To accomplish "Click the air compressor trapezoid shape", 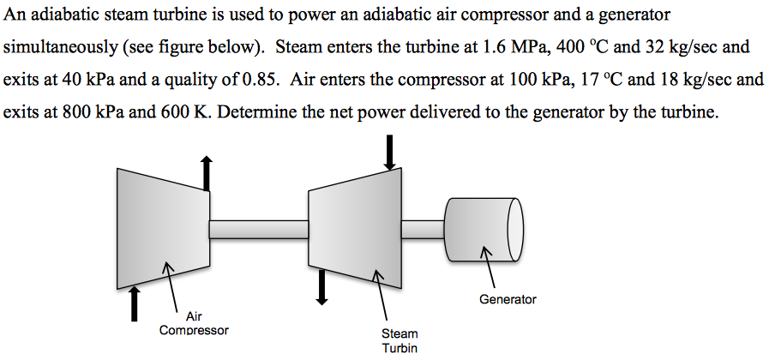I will pyautogui.click(x=163, y=226).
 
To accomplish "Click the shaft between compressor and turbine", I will pyautogui.click(x=259, y=229).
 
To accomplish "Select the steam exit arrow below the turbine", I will pyautogui.click(x=322, y=287).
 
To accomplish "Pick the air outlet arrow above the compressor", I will pyautogui.click(x=206, y=173).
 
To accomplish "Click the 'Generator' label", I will pyautogui.click(x=508, y=299).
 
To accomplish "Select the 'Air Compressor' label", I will pyautogui.click(x=194, y=323).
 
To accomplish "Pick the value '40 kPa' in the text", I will pyautogui.click(x=83, y=80).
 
